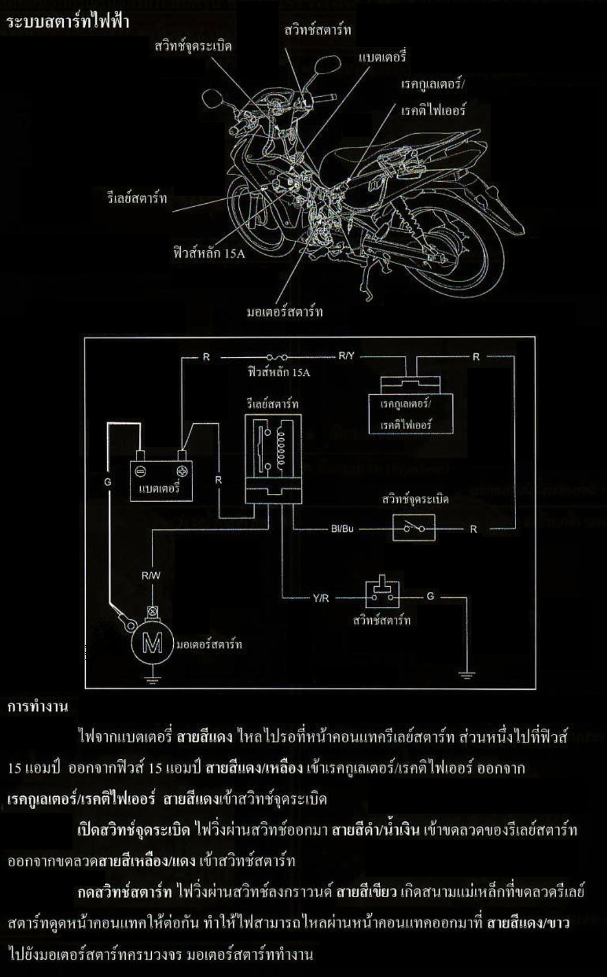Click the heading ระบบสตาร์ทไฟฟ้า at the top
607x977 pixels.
(68, 21)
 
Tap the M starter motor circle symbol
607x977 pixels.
(152, 644)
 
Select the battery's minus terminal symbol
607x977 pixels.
(140, 471)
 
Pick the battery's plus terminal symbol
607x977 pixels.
(182, 471)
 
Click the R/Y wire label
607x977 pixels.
(346, 356)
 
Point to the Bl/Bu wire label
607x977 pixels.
(342, 529)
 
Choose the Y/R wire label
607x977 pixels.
(321, 598)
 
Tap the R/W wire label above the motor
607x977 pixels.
(151, 576)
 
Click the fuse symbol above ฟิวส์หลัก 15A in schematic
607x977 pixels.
(276, 357)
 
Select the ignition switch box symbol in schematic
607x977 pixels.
(414, 528)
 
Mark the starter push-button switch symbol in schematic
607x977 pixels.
(382, 591)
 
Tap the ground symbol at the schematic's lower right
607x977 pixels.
(467, 676)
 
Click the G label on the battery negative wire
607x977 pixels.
(108, 482)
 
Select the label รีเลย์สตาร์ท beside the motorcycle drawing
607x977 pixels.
(137, 199)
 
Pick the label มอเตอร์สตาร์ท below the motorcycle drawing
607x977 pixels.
(285, 312)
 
